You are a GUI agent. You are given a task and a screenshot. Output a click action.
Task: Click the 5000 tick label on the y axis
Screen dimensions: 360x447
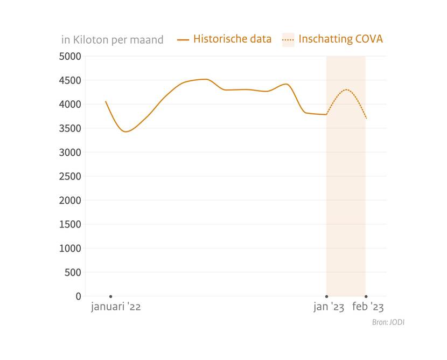tap(70, 56)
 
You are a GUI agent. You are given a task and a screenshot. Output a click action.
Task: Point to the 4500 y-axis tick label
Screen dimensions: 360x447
tap(70, 80)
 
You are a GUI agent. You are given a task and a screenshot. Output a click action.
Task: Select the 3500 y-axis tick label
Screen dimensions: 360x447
tap(70, 128)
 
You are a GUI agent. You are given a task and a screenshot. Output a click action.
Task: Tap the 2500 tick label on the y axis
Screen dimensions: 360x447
tap(70, 176)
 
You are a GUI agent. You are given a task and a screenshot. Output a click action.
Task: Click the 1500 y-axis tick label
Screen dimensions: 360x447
tap(70, 224)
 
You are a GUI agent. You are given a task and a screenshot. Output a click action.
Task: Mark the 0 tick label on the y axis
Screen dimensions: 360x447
tap(79, 296)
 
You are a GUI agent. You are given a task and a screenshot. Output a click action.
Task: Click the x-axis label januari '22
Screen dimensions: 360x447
tap(116, 307)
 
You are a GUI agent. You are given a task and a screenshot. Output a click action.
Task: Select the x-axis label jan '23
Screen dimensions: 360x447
tap(329, 307)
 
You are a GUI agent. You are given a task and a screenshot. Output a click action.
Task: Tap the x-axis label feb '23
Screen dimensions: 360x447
tap(368, 307)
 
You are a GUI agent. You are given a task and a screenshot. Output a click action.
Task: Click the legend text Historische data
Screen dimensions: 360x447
tap(232, 39)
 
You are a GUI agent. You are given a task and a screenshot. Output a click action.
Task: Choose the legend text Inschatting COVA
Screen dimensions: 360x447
tap(340, 39)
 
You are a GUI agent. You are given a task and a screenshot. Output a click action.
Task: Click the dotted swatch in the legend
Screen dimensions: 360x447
tap(288, 39)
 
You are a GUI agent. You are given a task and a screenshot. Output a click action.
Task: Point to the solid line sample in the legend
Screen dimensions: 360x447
tap(183, 39)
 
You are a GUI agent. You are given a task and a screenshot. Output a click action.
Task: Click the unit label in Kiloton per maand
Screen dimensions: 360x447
tap(112, 40)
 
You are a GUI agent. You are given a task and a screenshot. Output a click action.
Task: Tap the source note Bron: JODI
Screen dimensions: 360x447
tap(388, 322)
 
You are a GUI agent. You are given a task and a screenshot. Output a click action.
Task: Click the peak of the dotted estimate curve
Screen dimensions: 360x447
tap(346, 89)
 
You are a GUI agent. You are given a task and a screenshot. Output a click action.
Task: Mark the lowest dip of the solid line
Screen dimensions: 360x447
tap(126, 131)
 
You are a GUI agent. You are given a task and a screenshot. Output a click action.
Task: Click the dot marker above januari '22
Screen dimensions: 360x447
tap(111, 296)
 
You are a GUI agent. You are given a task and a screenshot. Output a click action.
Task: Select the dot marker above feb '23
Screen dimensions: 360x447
tap(366, 296)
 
